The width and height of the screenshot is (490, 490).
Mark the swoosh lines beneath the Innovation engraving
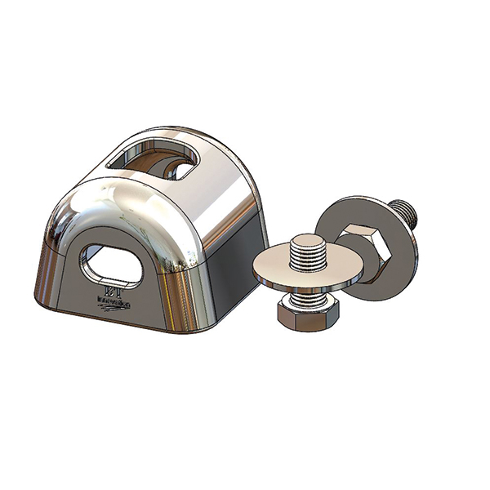click(114, 310)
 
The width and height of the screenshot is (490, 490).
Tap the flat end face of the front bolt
click(308, 241)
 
